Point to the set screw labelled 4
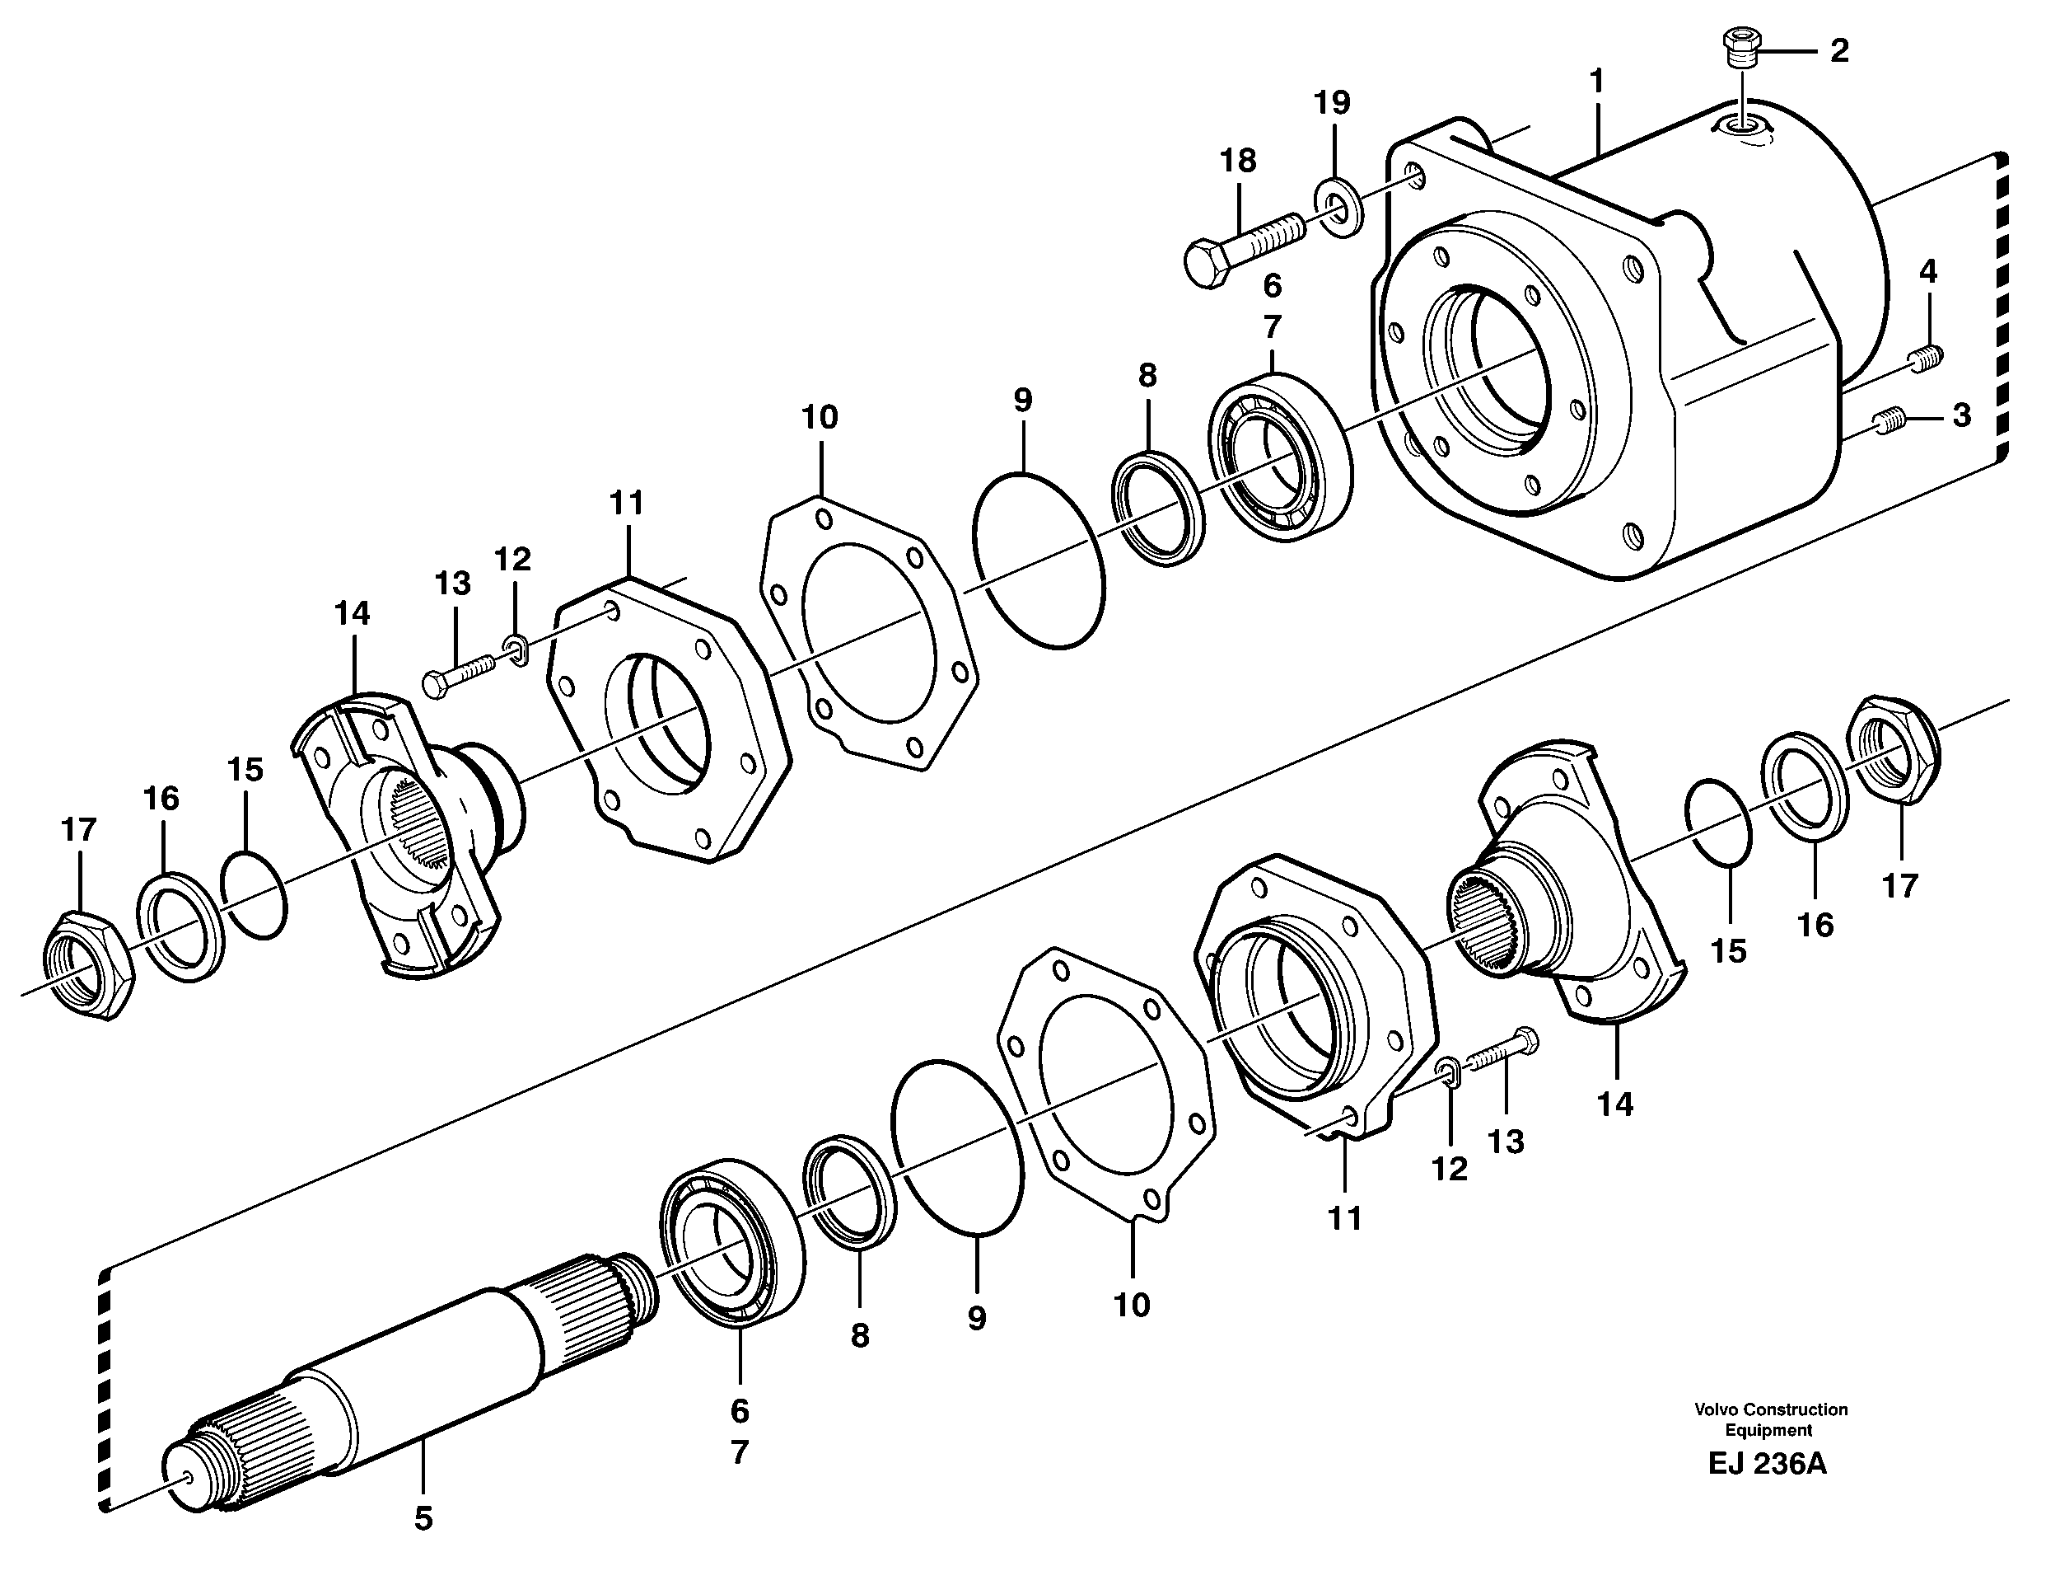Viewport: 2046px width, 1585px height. pyautogui.click(x=1924, y=357)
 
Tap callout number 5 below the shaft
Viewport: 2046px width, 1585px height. pyautogui.click(x=423, y=1517)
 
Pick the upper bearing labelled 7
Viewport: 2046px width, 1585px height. pyautogui.click(x=1278, y=456)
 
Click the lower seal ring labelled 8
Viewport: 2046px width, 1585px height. pyautogui.click(x=848, y=1190)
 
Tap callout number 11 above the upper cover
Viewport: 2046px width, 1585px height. pyautogui.click(x=626, y=504)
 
